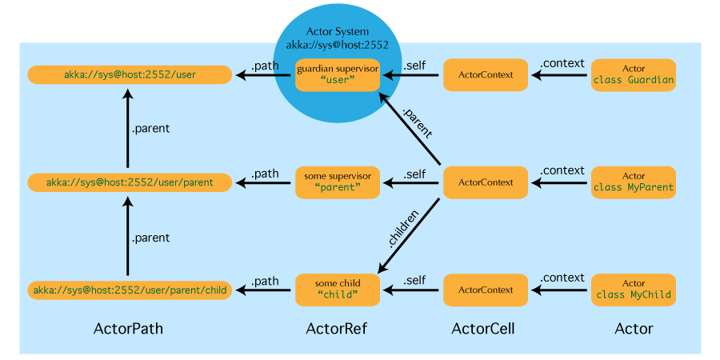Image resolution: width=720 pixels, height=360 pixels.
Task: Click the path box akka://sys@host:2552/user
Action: pyautogui.click(x=130, y=74)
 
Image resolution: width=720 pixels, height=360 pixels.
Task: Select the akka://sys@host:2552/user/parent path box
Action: pyautogui.click(x=130, y=182)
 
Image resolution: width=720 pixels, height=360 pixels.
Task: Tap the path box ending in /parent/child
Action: pyautogui.click(x=130, y=290)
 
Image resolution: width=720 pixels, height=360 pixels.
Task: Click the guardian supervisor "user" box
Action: pyautogui.click(x=337, y=74)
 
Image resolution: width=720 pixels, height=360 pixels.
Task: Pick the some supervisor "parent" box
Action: pyautogui.click(x=337, y=182)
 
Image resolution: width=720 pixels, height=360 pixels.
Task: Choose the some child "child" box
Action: pyautogui.click(x=337, y=290)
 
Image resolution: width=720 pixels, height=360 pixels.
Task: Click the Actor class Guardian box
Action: pyautogui.click(x=634, y=74)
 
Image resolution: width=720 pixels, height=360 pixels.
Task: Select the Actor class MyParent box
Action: pyautogui.click(x=634, y=182)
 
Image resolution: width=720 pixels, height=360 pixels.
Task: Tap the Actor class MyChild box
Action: pyautogui.click(x=634, y=290)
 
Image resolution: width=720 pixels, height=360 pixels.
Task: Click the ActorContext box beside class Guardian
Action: pyautogui.click(x=486, y=74)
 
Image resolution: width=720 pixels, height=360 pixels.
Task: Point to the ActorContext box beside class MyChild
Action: pyautogui.click(x=486, y=290)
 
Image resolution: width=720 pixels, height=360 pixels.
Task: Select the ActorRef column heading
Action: pyautogui.click(x=337, y=328)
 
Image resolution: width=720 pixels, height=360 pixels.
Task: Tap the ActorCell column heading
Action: pyautogui.click(x=483, y=328)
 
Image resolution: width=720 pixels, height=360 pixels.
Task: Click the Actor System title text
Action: pyautogui.click(x=338, y=32)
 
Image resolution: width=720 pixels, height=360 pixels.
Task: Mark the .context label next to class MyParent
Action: pyautogui.click(x=562, y=170)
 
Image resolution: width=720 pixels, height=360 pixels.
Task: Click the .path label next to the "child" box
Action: pyautogui.click(x=265, y=281)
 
